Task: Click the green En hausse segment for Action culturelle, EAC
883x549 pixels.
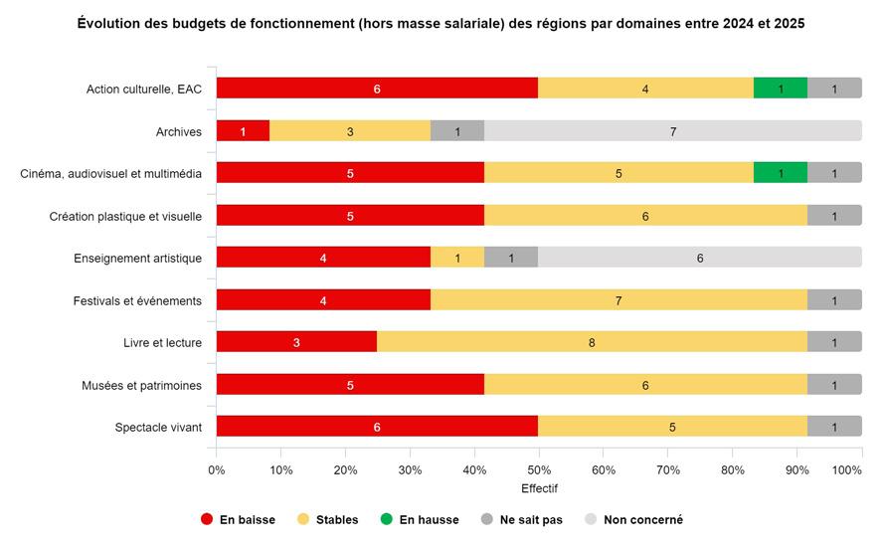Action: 781,88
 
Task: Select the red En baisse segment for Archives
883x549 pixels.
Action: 243,130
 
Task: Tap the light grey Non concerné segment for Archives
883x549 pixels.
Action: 672,130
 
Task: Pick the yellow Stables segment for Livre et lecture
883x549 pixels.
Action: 592,342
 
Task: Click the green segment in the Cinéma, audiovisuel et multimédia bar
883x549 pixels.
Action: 781,173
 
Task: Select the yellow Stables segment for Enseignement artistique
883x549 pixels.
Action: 457,258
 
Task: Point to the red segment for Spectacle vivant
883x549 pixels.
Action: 377,427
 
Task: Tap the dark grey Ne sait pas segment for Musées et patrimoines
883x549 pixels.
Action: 834,385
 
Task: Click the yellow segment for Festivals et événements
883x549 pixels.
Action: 618,300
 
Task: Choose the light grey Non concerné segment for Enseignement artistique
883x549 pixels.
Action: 700,258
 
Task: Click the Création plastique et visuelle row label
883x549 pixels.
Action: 126,216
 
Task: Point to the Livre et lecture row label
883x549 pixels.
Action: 156,343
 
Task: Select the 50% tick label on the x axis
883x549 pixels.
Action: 539,469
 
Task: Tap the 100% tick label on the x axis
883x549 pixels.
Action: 847,469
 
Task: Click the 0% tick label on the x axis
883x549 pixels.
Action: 217,469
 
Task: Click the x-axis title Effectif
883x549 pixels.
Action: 539,488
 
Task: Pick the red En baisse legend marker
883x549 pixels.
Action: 207,519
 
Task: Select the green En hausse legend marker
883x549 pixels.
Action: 386,519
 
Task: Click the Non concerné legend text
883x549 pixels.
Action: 642,519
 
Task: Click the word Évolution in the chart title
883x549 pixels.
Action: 110,23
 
